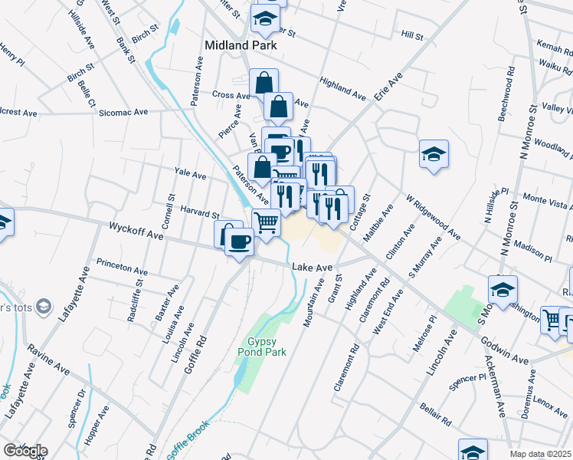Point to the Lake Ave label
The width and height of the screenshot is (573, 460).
tap(313, 267)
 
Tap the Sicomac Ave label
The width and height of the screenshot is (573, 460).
tap(123, 112)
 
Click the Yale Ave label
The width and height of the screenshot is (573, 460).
tap(190, 175)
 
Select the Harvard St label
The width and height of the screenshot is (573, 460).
tap(200, 215)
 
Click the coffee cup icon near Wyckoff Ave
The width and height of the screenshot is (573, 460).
tap(240, 242)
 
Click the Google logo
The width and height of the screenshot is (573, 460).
tap(25, 451)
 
